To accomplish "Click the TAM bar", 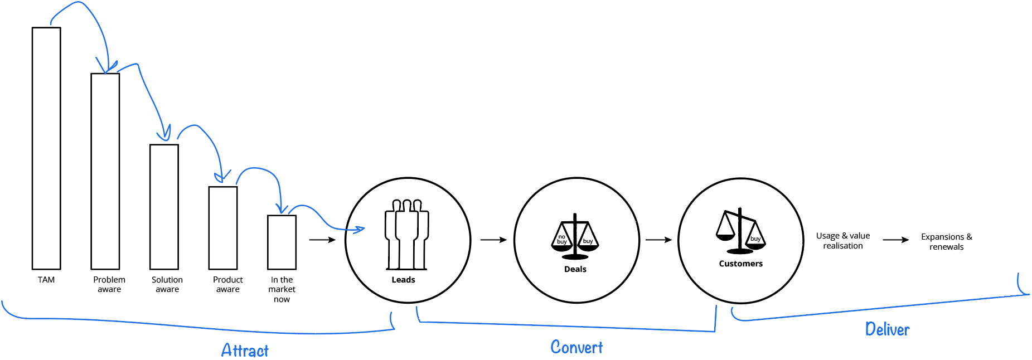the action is pyautogui.click(x=46, y=148).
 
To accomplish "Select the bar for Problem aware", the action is pyautogui.click(x=105, y=171).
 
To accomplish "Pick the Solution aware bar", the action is pyautogui.click(x=164, y=207).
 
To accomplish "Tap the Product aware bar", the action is pyautogui.click(x=223, y=228).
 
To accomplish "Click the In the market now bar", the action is pyautogui.click(x=282, y=242).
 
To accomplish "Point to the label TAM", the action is pyautogui.click(x=46, y=280).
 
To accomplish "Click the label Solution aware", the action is pyautogui.click(x=167, y=284).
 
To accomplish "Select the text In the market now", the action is pyautogui.click(x=282, y=289).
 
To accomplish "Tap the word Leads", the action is pyautogui.click(x=403, y=280).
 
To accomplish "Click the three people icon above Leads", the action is pyautogui.click(x=407, y=235).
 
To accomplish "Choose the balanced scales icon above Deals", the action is pyautogui.click(x=575, y=236).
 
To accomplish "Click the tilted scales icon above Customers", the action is pyautogui.click(x=740, y=231).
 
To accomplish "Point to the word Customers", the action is pyautogui.click(x=740, y=264).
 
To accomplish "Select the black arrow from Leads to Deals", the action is pyautogui.click(x=493, y=240).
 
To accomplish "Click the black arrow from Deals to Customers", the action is pyautogui.click(x=658, y=240).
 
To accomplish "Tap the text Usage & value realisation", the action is pyautogui.click(x=843, y=241).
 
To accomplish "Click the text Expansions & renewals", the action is pyautogui.click(x=947, y=242).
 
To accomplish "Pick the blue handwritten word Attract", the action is pyautogui.click(x=245, y=350).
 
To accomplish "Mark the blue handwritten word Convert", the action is pyautogui.click(x=576, y=347).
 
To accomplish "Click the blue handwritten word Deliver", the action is pyautogui.click(x=887, y=329).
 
